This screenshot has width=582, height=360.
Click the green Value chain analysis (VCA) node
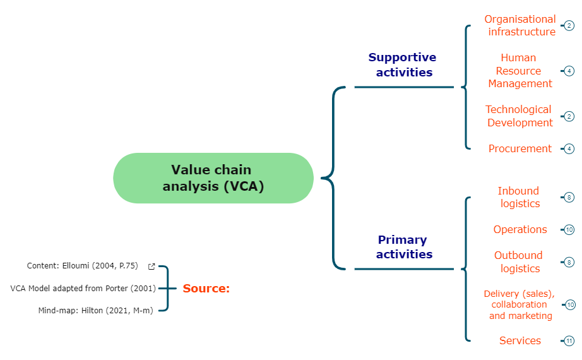coord(213,178)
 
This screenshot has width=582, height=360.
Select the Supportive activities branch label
coord(403,65)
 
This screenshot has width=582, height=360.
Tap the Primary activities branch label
coord(403,247)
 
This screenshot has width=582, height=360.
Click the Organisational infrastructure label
coord(521,25)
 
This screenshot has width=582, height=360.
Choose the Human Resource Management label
coord(520,71)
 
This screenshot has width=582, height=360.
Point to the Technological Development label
coord(519,116)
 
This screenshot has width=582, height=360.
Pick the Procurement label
coord(520,148)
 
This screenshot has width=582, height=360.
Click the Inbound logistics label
coord(520,197)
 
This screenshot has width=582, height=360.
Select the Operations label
coord(520,229)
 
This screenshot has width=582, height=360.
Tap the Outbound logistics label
coord(519,261)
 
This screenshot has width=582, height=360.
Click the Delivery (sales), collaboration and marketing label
coord(520,304)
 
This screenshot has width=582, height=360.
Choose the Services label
coord(520,340)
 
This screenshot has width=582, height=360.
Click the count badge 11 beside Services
coord(569,341)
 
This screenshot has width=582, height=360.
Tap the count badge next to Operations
coord(569,230)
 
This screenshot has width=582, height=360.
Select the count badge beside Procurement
coord(569,149)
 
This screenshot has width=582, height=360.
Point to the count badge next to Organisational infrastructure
coord(569,26)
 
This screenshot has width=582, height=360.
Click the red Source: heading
coord(206,289)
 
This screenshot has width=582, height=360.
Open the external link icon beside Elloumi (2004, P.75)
coord(151,267)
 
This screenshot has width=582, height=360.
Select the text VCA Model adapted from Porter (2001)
coord(83,288)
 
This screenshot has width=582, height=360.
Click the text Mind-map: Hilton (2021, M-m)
coord(95,310)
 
